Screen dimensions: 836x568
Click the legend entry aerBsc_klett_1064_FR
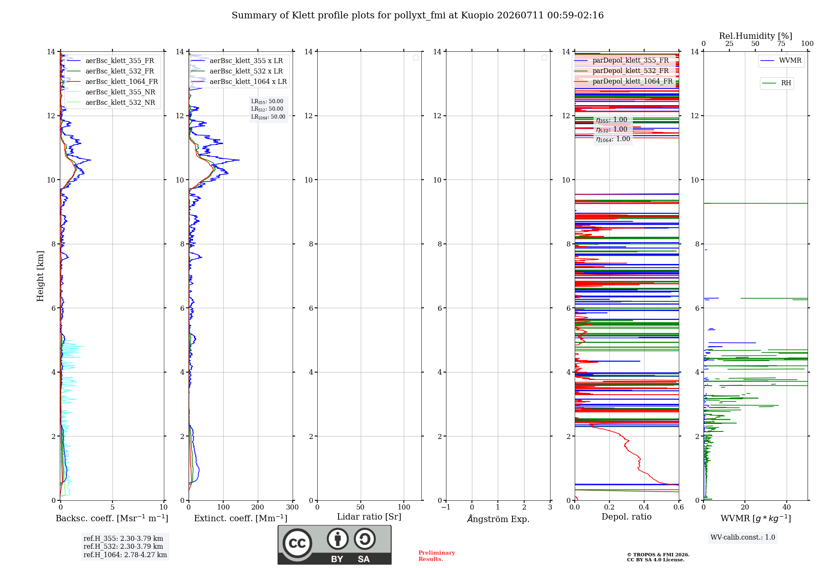[x=112, y=81]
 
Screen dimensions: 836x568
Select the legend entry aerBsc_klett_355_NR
[x=111, y=92]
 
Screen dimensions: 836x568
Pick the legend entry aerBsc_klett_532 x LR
[x=237, y=71]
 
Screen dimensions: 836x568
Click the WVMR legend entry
[x=781, y=61]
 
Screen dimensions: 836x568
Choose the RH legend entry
[x=777, y=83]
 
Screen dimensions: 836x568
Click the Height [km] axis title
[x=40, y=276]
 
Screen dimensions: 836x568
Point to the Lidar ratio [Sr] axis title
[x=369, y=517]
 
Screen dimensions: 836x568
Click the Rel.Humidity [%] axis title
[x=755, y=36]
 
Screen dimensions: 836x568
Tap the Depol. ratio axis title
[x=627, y=517]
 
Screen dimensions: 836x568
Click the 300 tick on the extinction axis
[x=292, y=507]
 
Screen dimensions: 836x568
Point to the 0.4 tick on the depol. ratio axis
[x=644, y=507]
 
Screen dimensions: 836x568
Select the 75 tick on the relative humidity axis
[x=781, y=43]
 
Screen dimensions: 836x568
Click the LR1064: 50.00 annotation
[x=268, y=117]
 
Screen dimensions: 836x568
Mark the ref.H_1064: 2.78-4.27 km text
[x=125, y=555]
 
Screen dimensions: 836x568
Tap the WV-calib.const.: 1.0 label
[x=743, y=537]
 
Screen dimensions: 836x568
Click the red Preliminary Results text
[x=437, y=556]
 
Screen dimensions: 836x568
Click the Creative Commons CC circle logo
[x=297, y=543]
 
